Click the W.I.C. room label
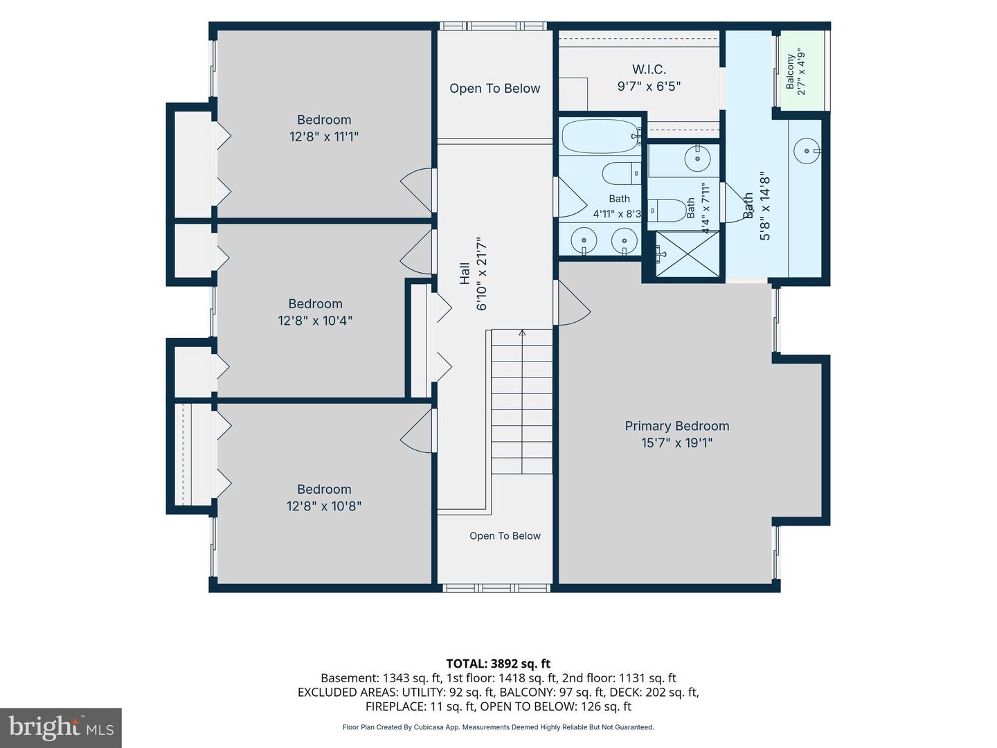click(649, 69)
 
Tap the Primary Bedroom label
click(676, 426)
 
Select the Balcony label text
click(791, 72)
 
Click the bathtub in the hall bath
click(600, 136)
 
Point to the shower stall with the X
click(688, 254)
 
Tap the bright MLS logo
click(61, 727)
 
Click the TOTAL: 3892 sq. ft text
click(498, 664)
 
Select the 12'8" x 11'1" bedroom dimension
click(324, 136)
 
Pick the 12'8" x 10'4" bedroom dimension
click(315, 321)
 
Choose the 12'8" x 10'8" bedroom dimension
click(324, 506)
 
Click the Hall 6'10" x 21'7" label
click(473, 274)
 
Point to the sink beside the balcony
click(807, 150)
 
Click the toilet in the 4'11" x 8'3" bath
click(621, 173)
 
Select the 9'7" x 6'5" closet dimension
click(649, 87)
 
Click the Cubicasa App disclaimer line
click(498, 727)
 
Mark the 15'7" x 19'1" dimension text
click(676, 443)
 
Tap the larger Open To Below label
click(494, 89)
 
